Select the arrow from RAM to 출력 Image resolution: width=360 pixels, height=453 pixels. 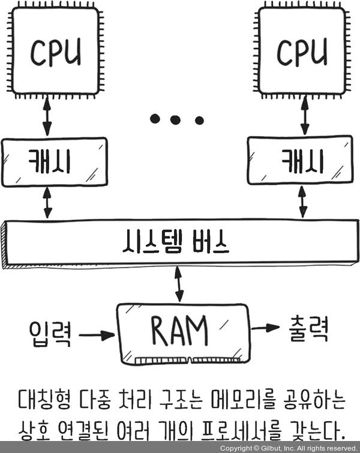click(266, 328)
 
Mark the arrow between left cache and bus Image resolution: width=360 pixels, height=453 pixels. click(47, 205)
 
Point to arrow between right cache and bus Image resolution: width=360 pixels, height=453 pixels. click(304, 205)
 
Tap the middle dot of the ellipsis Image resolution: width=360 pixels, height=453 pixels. click(175, 120)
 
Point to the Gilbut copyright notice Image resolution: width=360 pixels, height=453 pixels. click(288, 448)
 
